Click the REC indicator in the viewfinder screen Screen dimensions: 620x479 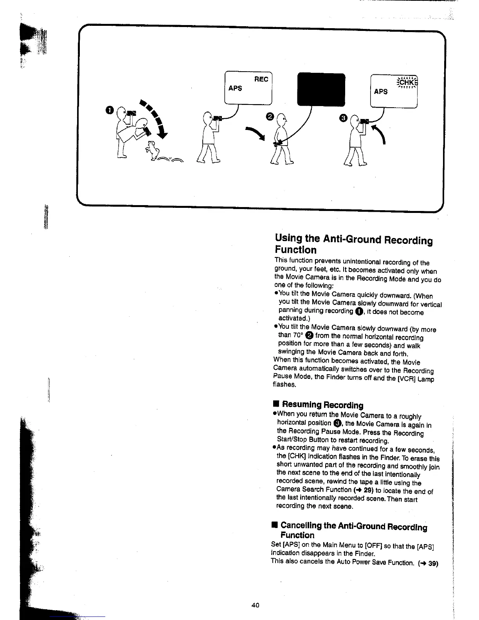tap(261, 79)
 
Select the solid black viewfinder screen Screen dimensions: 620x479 tap(321, 89)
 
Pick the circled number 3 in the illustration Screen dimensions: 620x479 tap(343, 118)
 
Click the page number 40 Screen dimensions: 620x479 tap(255, 605)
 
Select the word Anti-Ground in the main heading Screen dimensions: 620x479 tap(352, 239)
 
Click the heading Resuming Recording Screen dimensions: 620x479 tap(322, 405)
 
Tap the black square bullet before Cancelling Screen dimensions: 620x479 tap(275, 525)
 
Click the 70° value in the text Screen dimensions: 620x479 tap(297, 335)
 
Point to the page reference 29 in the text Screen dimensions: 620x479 tap(368, 490)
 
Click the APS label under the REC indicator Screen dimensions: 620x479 tap(235, 88)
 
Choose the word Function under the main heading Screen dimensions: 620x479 tap(295, 250)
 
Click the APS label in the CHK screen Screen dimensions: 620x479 tap(381, 92)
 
